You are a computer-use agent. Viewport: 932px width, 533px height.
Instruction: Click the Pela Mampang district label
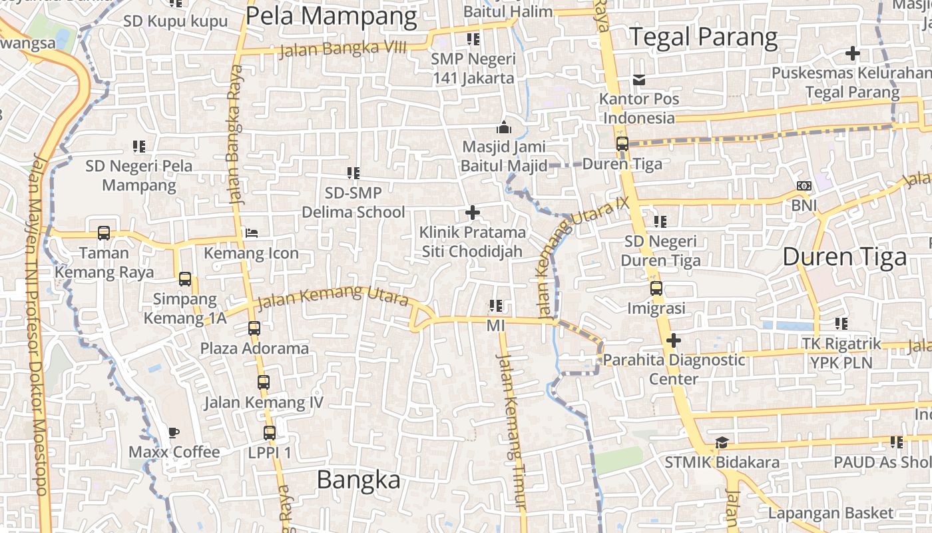pos(331,16)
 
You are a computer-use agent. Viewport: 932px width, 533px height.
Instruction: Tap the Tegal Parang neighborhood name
pos(704,37)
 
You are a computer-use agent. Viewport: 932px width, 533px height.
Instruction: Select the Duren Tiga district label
pos(844,257)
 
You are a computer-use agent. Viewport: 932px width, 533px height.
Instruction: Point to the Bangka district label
pos(358,480)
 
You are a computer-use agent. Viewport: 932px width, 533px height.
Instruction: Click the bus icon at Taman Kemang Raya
pos(104,233)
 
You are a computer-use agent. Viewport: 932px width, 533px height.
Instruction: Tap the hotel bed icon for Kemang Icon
pos(252,233)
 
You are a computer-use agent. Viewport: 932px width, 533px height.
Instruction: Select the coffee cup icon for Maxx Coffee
pos(174,432)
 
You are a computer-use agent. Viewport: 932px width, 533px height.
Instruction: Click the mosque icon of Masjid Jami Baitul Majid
pos(504,127)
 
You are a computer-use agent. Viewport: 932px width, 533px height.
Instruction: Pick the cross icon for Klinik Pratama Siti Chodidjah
pos(473,213)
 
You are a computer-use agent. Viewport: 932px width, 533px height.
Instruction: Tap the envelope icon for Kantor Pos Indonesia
pos(639,80)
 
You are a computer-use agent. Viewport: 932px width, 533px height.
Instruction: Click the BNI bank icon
pos(804,187)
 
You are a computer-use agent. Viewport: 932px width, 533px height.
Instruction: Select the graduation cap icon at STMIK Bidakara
pos(722,443)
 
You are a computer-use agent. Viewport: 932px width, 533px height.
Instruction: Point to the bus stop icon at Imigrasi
pos(656,288)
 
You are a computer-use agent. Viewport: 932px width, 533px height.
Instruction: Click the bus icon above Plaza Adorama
pos(254,328)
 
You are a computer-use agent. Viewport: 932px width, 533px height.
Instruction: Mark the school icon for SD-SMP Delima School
pos(353,173)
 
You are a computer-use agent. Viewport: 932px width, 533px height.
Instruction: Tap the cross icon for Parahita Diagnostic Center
pos(674,340)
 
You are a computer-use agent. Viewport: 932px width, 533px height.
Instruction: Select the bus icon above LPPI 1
pos(270,433)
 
